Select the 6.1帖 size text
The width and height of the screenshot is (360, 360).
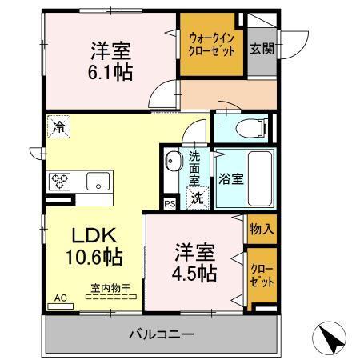(110, 71)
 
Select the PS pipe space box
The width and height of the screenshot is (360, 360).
(169, 204)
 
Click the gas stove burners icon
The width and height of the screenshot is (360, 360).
(61, 181)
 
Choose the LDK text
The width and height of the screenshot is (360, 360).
(96, 237)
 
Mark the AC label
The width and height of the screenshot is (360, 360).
(59, 298)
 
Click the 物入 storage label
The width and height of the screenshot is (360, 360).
(262, 230)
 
